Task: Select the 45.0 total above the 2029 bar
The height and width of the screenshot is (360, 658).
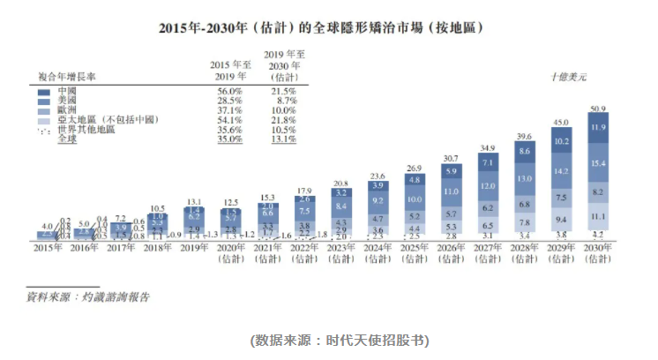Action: (x=560, y=123)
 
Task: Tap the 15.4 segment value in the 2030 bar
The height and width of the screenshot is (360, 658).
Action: (x=598, y=163)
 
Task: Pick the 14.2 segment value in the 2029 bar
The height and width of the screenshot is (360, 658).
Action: (x=560, y=170)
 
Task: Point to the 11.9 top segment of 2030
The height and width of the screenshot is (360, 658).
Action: (x=598, y=128)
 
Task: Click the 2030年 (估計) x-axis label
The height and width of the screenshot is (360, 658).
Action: (x=598, y=254)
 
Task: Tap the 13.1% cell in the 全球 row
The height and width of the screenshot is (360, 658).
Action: (x=284, y=138)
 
